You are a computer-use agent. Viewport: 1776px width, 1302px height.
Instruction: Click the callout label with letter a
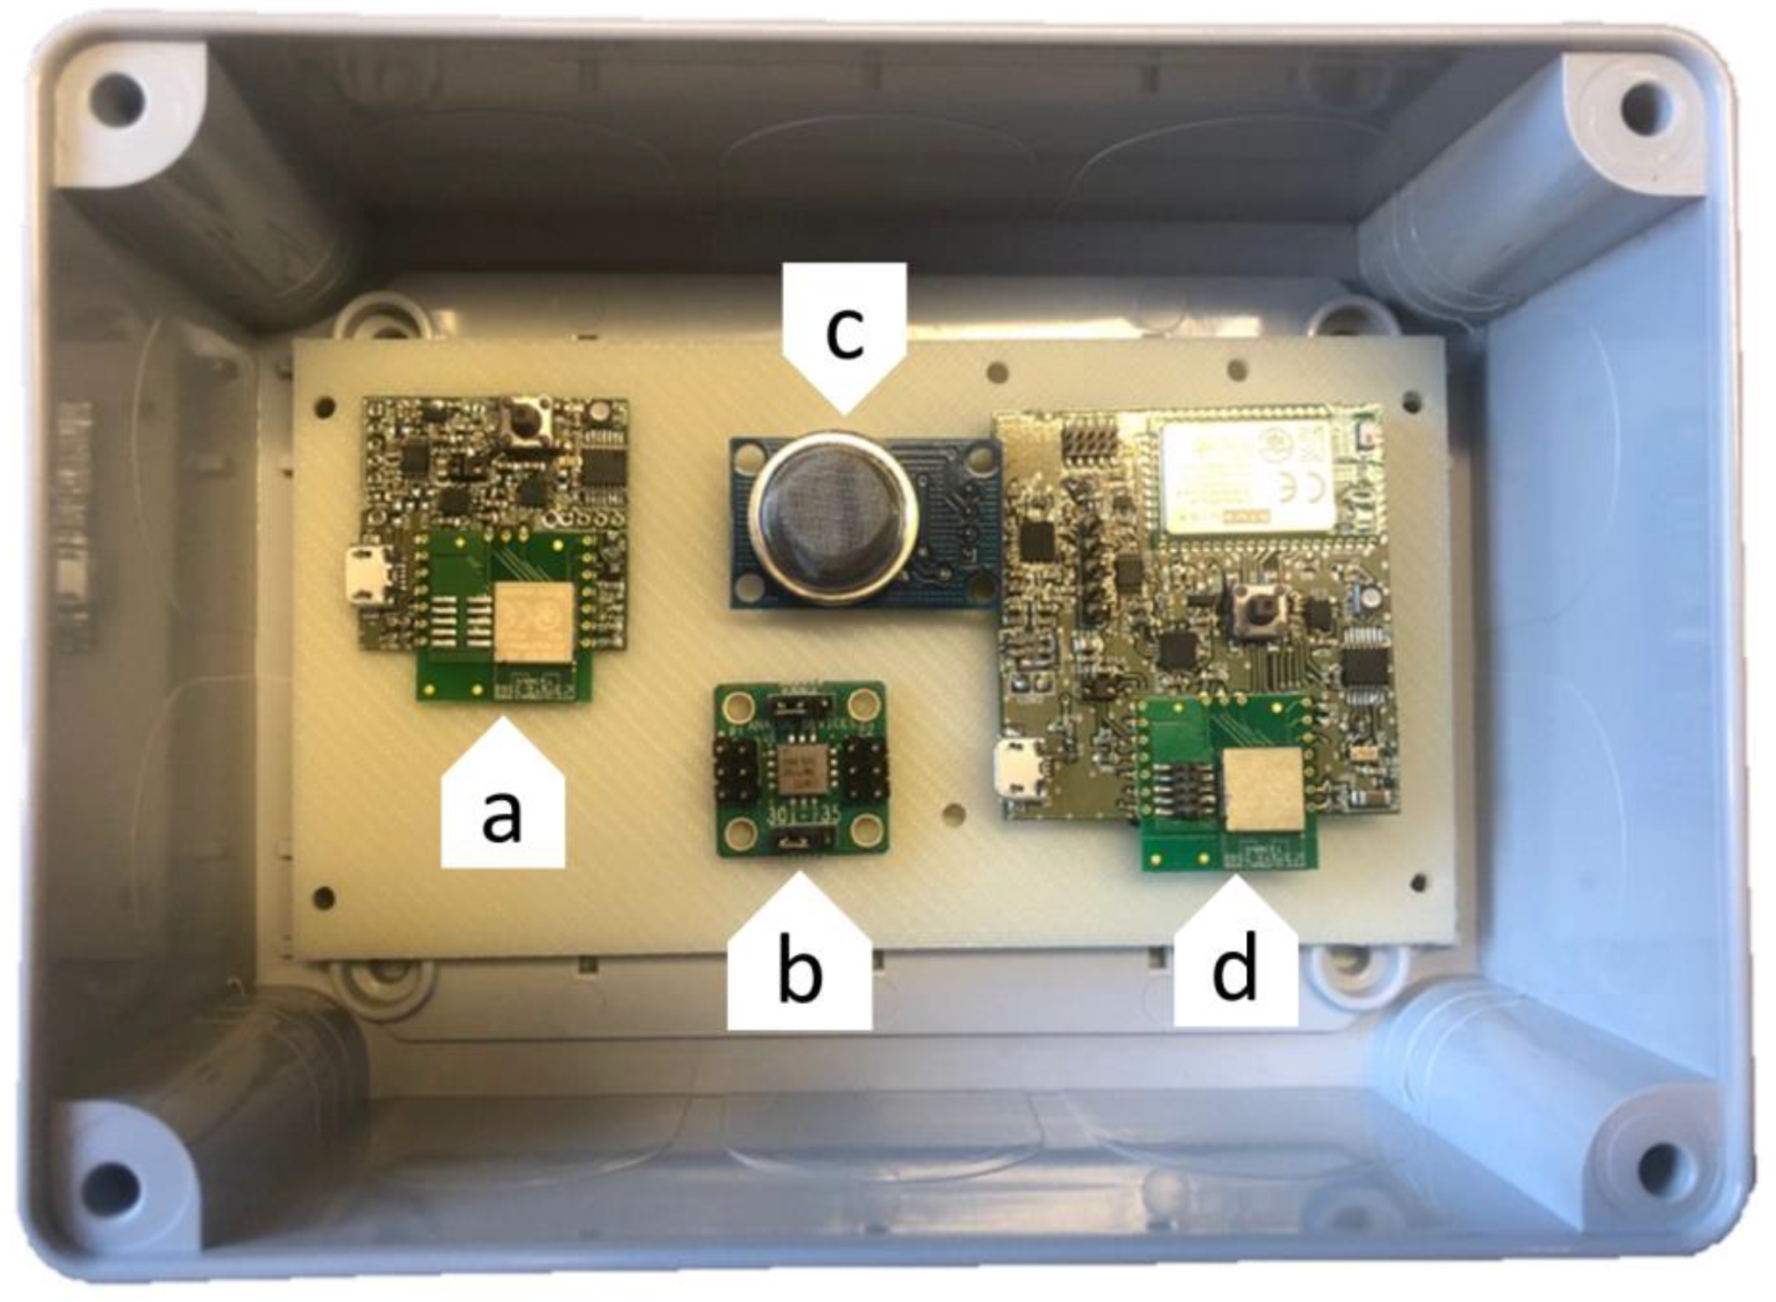[x=502, y=810]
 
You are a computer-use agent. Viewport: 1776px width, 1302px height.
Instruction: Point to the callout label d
[x=1235, y=968]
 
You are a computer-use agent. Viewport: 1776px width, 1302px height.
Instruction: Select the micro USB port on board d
[x=1018, y=768]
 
